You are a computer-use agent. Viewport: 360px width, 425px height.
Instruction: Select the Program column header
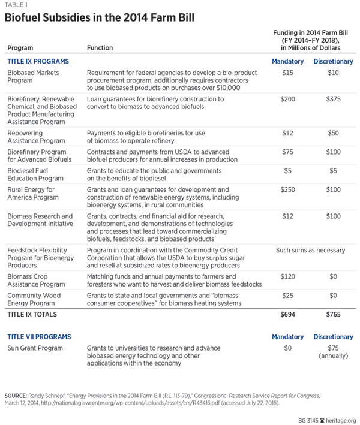(x=22, y=49)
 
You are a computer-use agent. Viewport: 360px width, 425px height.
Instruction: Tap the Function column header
(x=101, y=49)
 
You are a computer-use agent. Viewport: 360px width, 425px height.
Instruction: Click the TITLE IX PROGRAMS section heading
(x=38, y=62)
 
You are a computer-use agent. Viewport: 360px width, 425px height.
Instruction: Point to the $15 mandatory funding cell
(x=287, y=73)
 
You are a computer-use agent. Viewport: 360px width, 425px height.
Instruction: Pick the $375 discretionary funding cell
(x=333, y=98)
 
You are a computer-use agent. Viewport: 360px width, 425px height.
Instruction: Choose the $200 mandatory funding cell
(x=287, y=98)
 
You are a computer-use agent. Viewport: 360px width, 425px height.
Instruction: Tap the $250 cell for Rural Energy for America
(x=287, y=190)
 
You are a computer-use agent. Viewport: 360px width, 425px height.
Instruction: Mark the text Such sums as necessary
(x=310, y=250)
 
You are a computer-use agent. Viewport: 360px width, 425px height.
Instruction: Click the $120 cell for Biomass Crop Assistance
(x=287, y=278)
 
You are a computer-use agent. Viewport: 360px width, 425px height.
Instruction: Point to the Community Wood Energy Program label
(x=35, y=299)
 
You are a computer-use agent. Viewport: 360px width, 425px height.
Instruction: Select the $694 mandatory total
(x=287, y=314)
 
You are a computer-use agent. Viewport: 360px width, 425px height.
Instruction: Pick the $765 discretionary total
(x=333, y=314)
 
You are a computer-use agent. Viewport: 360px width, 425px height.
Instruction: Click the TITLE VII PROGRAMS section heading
(x=39, y=337)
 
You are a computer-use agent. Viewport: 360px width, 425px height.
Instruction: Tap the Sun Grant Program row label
(x=34, y=348)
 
